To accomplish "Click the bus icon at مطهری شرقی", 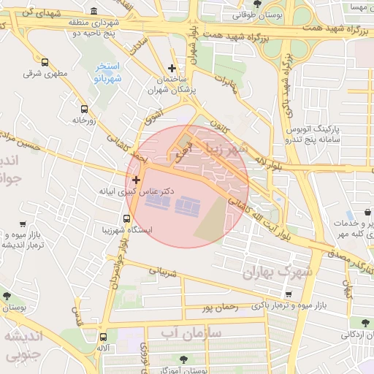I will [x=45, y=63].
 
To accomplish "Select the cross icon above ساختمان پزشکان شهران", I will [x=172, y=68].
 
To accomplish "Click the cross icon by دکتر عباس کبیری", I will [x=135, y=179].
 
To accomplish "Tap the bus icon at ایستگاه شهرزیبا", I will [x=129, y=217].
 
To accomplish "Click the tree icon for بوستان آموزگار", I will [x=182, y=359].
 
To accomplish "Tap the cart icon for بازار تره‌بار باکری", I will [x=289, y=294].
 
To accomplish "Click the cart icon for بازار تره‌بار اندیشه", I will [x=24, y=224].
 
